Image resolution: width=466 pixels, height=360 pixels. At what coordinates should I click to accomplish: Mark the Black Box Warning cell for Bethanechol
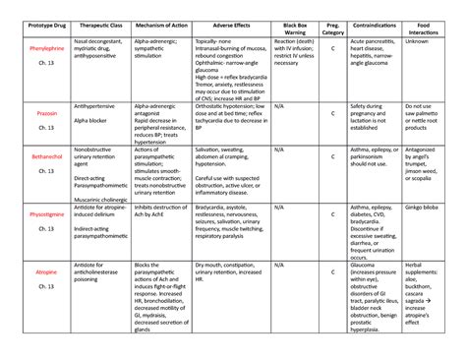tap(279, 150)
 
